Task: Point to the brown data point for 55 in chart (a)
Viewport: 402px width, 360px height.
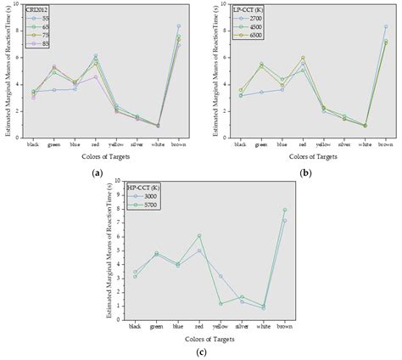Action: pos(178,26)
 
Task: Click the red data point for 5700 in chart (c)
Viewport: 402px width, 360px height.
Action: pos(198,235)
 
